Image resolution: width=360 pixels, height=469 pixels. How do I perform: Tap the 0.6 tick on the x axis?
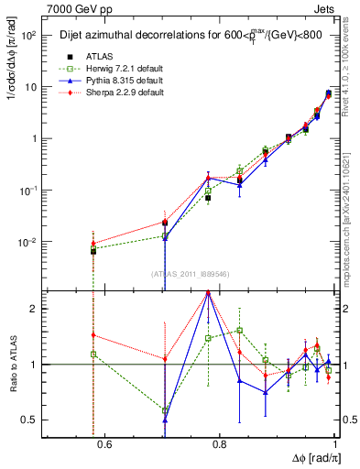click(104, 446)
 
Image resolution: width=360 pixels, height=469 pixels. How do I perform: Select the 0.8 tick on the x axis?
click(218, 446)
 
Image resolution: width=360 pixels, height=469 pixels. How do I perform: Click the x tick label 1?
click(332, 446)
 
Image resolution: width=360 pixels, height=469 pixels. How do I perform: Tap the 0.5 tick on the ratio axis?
click(32, 420)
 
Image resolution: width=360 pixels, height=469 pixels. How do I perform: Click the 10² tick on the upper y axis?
click(30, 36)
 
